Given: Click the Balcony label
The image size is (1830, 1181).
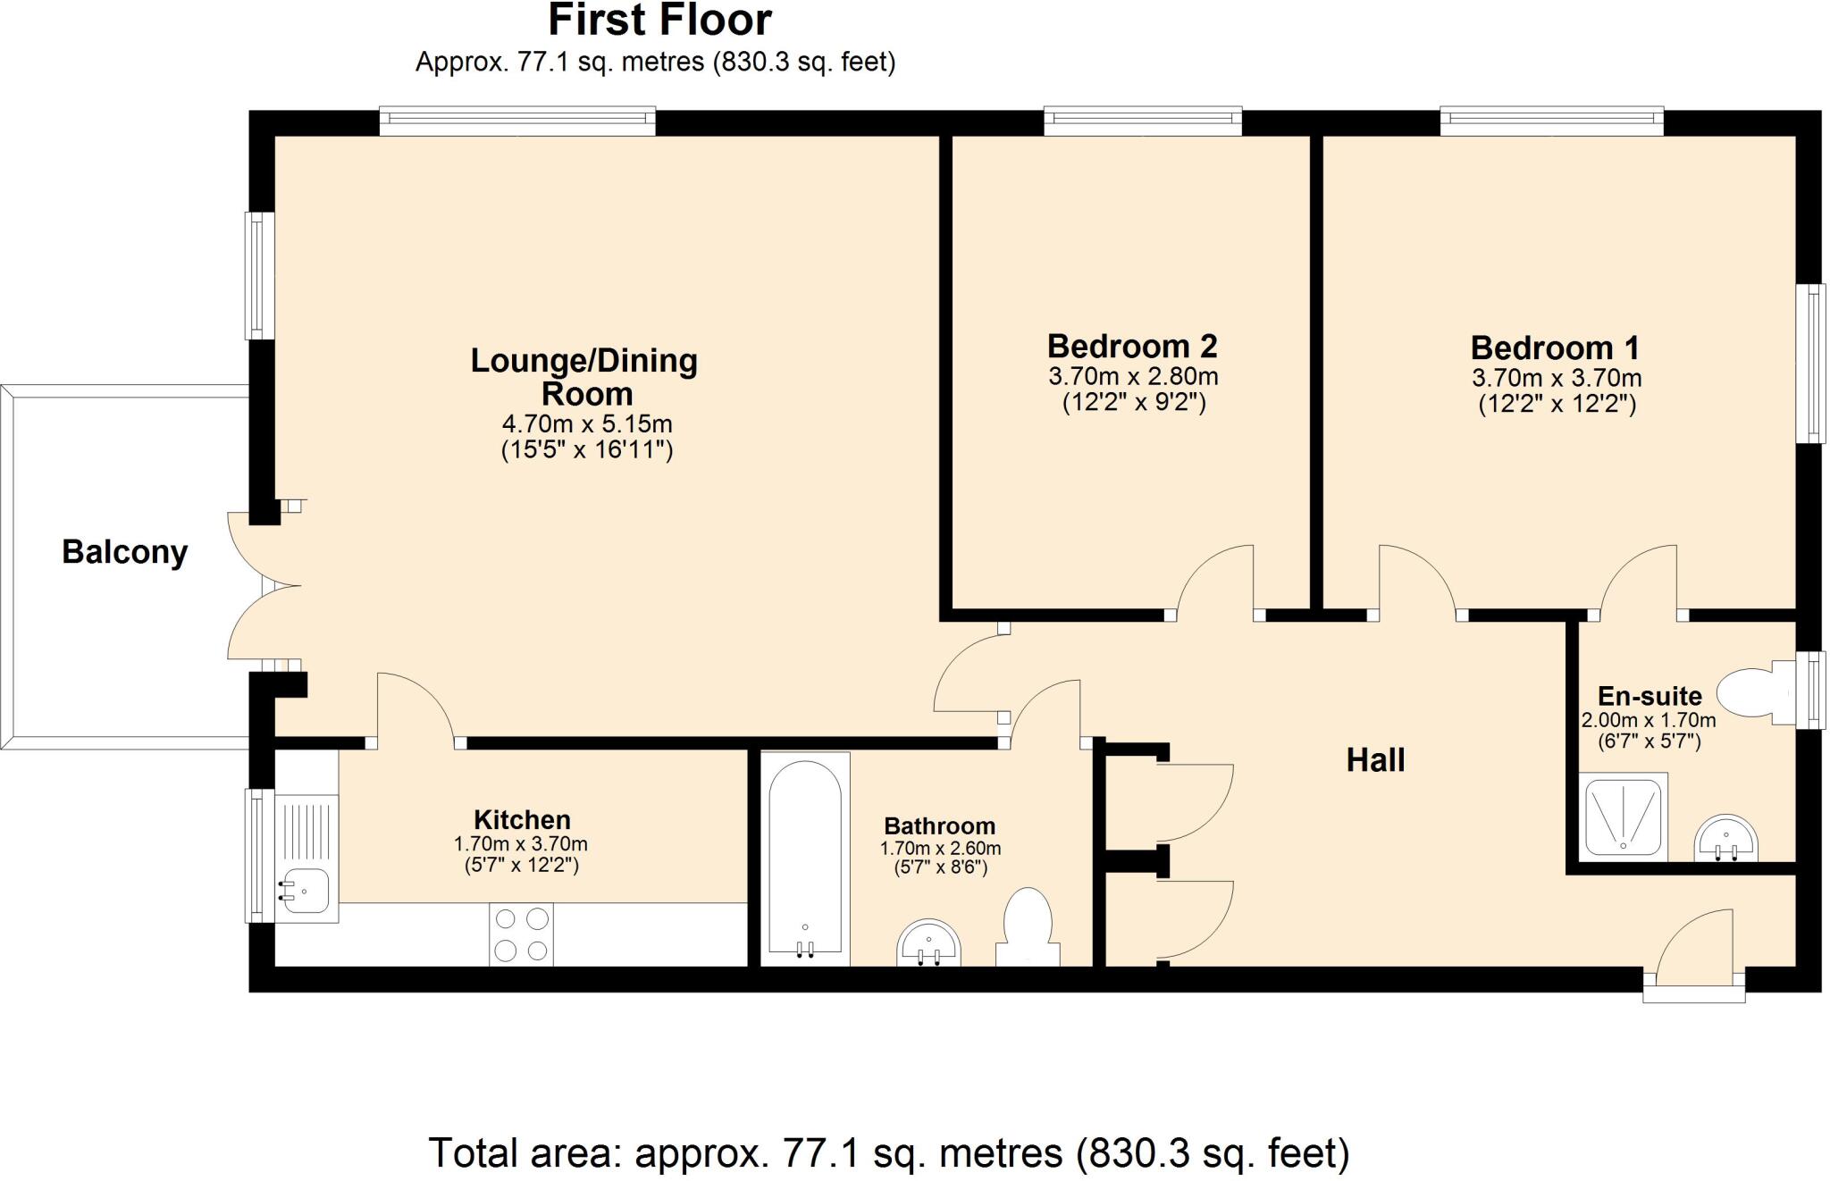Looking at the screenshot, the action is coord(124,552).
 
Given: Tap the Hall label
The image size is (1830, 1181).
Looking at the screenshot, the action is coord(1375,760).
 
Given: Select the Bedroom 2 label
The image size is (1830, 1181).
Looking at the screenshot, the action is coord(1132,346).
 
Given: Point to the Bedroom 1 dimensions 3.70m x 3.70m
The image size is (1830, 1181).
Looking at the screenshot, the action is coord(1557,378).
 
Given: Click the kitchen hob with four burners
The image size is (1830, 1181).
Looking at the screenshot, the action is coord(521,934).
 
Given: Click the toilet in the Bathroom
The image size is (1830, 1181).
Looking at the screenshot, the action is coord(1028,926).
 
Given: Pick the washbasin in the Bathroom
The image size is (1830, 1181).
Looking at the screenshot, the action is coord(929,942).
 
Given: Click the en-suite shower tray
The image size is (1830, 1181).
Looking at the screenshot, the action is coord(1623,817).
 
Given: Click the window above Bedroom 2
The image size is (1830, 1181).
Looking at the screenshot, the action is coord(1143,121).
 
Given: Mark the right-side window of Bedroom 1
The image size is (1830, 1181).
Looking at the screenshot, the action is coord(1810,363).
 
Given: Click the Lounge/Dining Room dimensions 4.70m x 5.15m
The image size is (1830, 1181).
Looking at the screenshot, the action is coord(587,423).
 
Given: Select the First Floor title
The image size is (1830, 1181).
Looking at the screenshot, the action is coord(660,20).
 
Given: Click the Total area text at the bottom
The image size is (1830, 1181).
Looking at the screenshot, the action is coord(889,1152).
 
